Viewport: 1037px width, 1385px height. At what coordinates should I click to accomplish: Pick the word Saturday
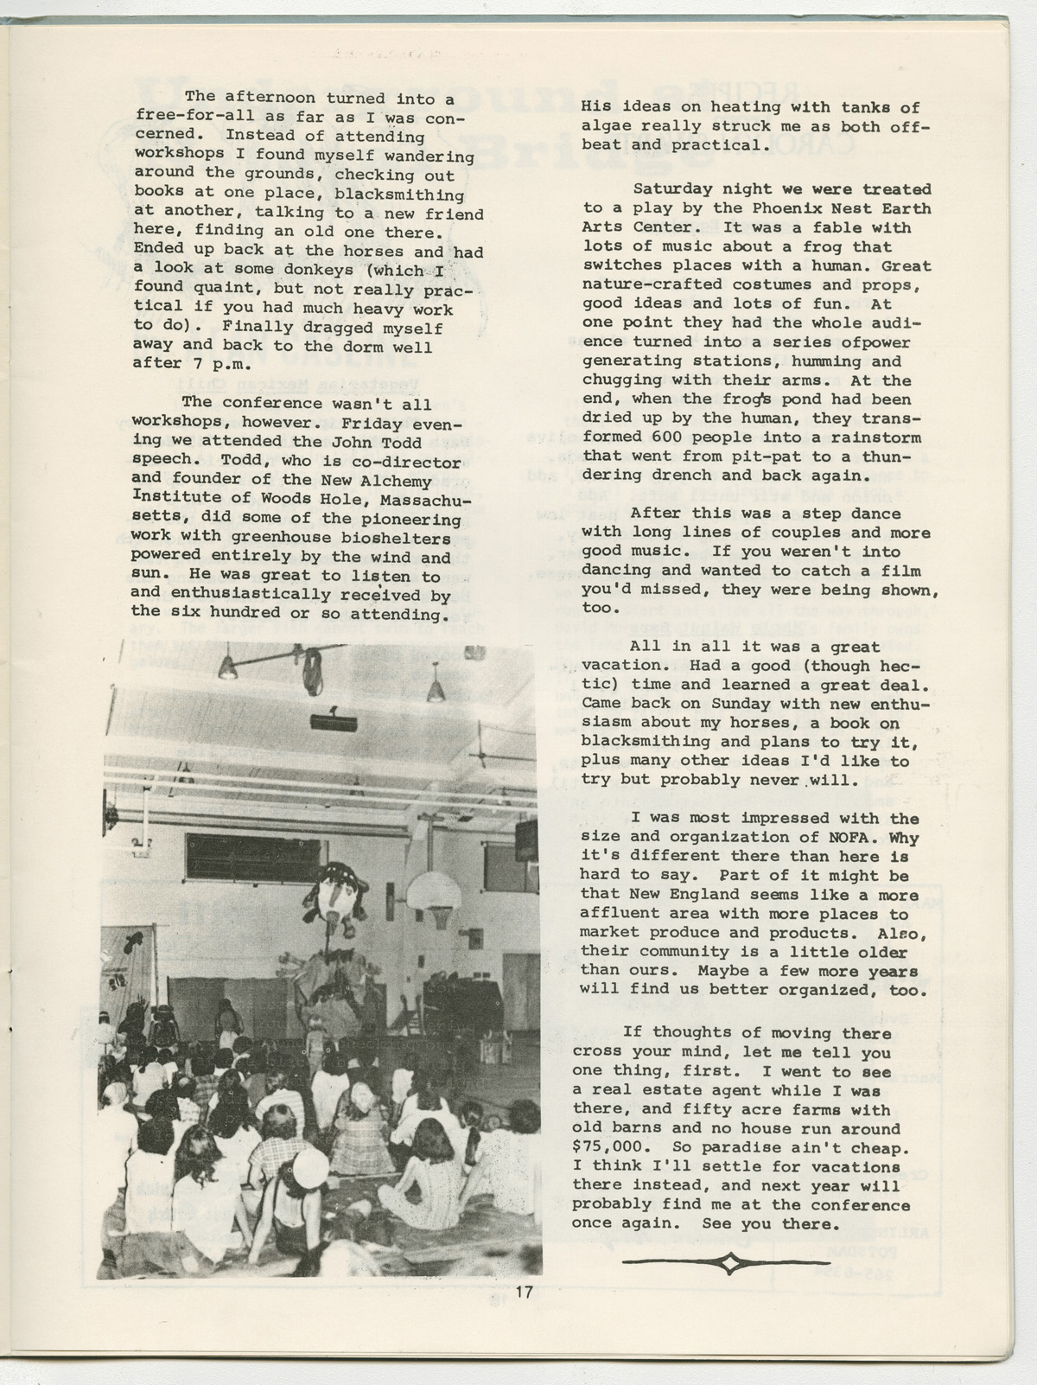click(672, 189)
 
